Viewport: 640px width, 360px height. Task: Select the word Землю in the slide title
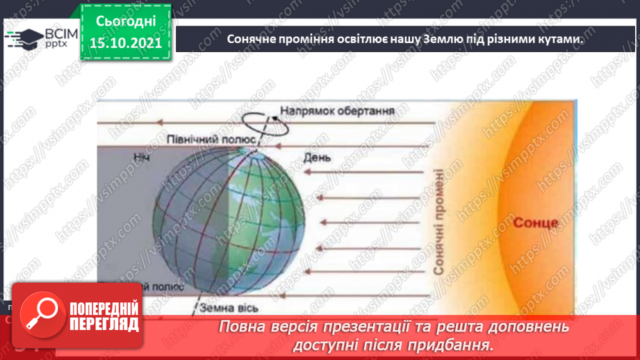[x=435, y=40]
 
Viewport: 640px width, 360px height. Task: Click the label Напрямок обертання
[x=338, y=111]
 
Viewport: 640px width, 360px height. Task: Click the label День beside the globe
[x=316, y=158]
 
